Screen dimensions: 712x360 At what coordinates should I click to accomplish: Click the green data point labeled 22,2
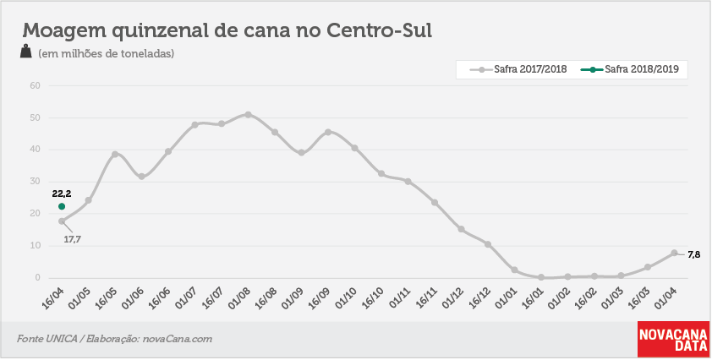[62, 206]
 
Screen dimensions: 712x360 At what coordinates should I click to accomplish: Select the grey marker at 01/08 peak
[248, 115]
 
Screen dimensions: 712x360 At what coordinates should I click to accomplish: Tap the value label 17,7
[72, 239]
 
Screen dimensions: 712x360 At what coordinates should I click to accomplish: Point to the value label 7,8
[694, 255]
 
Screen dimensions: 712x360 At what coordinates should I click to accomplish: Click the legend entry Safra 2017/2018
[518, 69]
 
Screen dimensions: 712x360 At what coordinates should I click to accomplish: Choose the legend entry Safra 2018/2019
[629, 69]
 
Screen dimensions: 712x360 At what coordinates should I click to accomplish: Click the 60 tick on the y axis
[36, 86]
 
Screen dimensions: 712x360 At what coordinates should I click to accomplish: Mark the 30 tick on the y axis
[36, 182]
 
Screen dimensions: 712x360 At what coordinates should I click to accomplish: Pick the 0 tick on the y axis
[38, 278]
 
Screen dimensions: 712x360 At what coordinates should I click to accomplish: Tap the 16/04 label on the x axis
[53, 297]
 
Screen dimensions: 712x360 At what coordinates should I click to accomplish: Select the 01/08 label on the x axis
[239, 297]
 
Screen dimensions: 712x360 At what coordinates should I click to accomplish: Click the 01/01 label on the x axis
[506, 297]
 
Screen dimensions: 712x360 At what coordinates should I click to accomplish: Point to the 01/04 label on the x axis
[665, 297]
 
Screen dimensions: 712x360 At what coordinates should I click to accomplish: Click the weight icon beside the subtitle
[26, 52]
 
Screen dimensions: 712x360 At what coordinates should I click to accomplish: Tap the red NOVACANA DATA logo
[673, 340]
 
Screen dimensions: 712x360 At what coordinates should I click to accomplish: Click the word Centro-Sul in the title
[379, 30]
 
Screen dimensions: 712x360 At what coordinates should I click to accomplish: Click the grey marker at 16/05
[115, 155]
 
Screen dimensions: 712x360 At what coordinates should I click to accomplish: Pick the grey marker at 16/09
[328, 132]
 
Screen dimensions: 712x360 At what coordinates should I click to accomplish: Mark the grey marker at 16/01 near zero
[541, 277]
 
